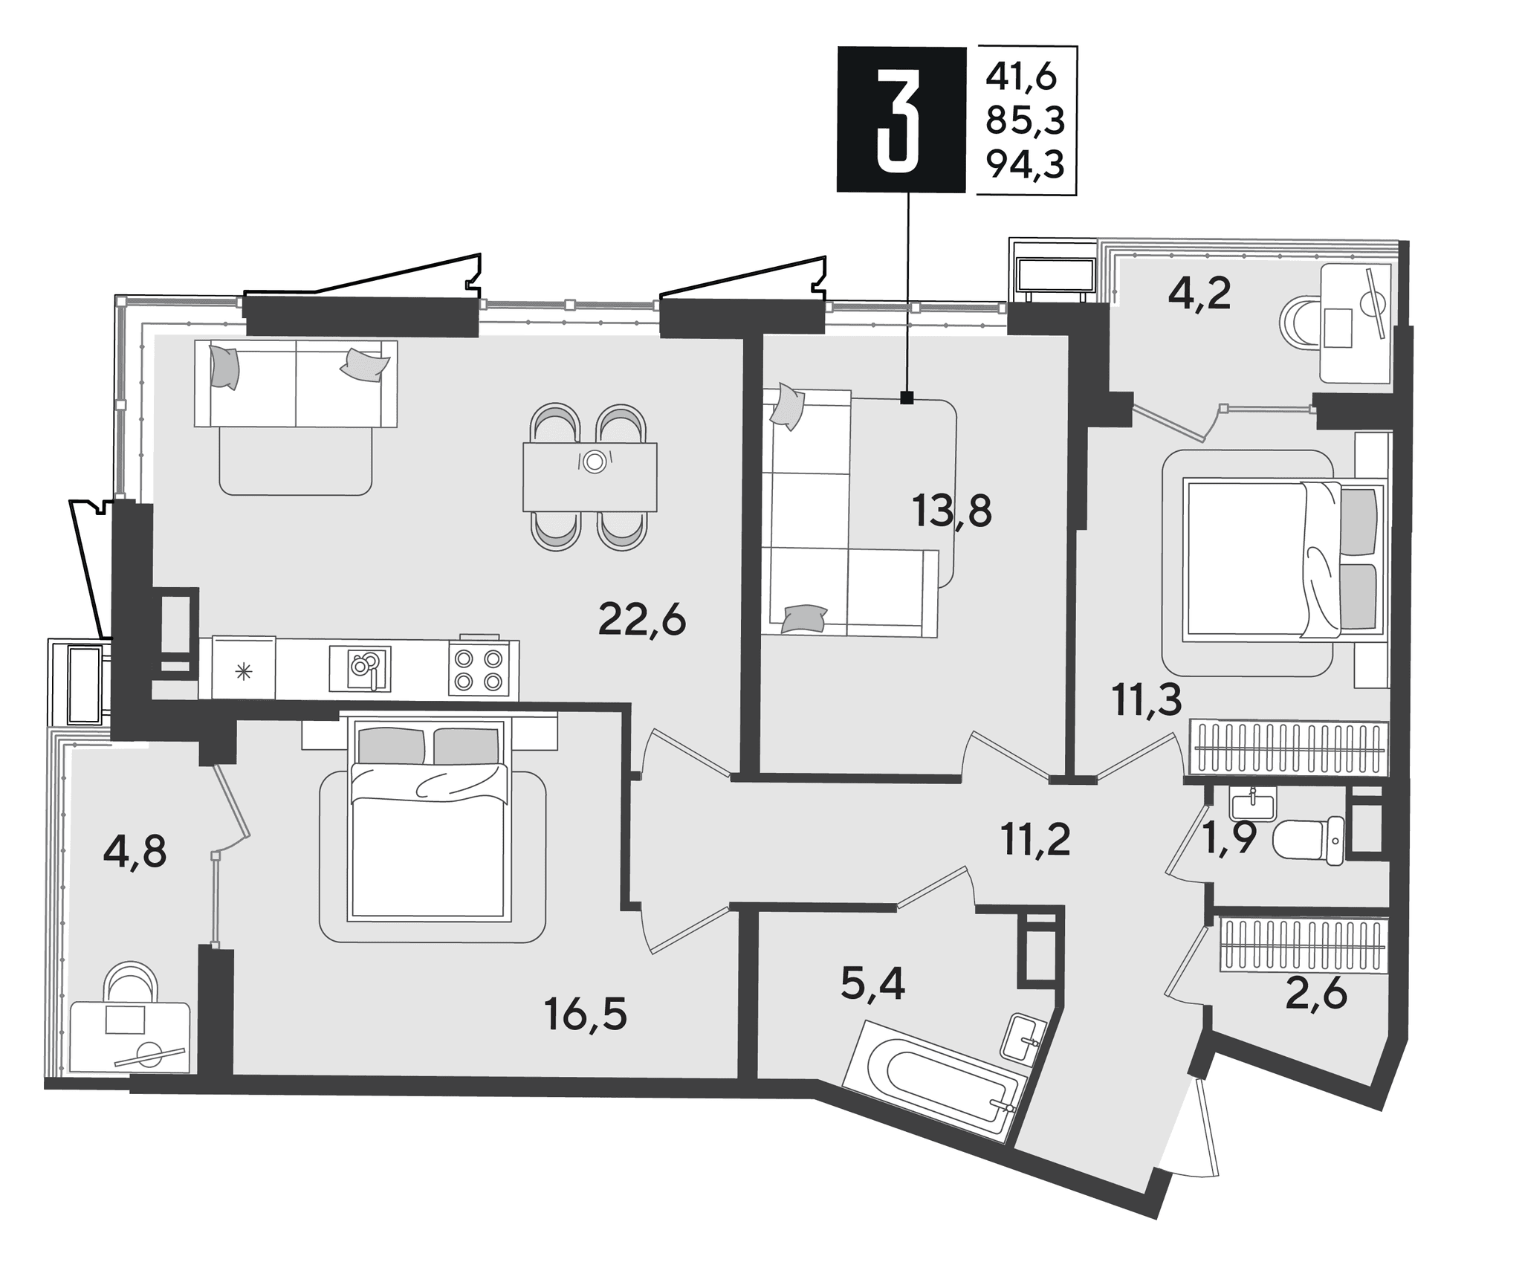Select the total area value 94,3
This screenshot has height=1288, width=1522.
[x=1026, y=164]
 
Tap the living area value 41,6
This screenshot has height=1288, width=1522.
[x=1021, y=77]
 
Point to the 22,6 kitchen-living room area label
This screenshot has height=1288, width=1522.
[x=641, y=620]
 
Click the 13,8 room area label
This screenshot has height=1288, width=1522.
[x=952, y=511]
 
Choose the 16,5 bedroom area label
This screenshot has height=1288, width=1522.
[x=586, y=1014]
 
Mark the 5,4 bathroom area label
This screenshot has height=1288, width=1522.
[x=872, y=986]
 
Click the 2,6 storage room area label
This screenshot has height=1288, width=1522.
[x=1316, y=994]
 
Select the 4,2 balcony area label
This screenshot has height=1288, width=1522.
[x=1199, y=294]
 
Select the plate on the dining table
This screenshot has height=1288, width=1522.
[x=594, y=462]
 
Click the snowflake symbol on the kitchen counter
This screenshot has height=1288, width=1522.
[x=244, y=673]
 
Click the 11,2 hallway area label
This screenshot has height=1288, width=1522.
[x=1035, y=841]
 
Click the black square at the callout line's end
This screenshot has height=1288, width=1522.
[x=907, y=398]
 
